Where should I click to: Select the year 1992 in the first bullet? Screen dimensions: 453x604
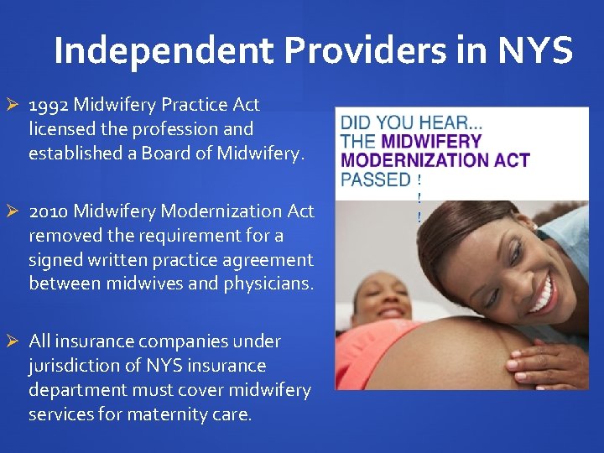[49, 106]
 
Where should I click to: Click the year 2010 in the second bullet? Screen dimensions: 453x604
[49, 211]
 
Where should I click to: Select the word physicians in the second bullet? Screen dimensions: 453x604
[268, 284]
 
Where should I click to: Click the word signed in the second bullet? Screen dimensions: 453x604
[56, 260]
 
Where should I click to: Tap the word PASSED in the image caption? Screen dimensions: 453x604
[375, 179]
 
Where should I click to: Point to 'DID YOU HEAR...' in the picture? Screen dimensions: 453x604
[411, 122]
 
